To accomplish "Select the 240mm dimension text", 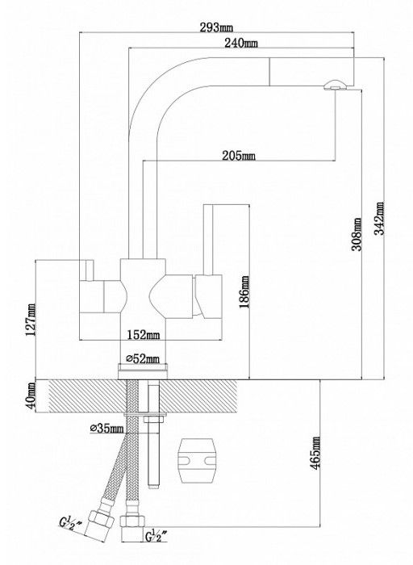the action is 241,43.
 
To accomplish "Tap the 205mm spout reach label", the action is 239,156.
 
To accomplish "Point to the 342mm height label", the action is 379,218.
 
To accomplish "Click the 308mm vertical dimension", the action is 357,234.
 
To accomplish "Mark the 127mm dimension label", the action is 30,320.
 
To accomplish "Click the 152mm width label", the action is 144,335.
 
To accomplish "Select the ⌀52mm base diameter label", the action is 142,359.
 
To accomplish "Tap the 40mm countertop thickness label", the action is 31,395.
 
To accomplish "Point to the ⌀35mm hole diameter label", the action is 106,429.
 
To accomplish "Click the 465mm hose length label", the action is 315,453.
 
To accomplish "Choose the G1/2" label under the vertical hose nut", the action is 157,536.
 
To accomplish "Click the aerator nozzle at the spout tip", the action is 336,86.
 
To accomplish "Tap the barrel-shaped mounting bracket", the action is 197,461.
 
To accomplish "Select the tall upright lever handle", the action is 208,240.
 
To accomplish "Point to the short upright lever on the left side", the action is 90,270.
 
